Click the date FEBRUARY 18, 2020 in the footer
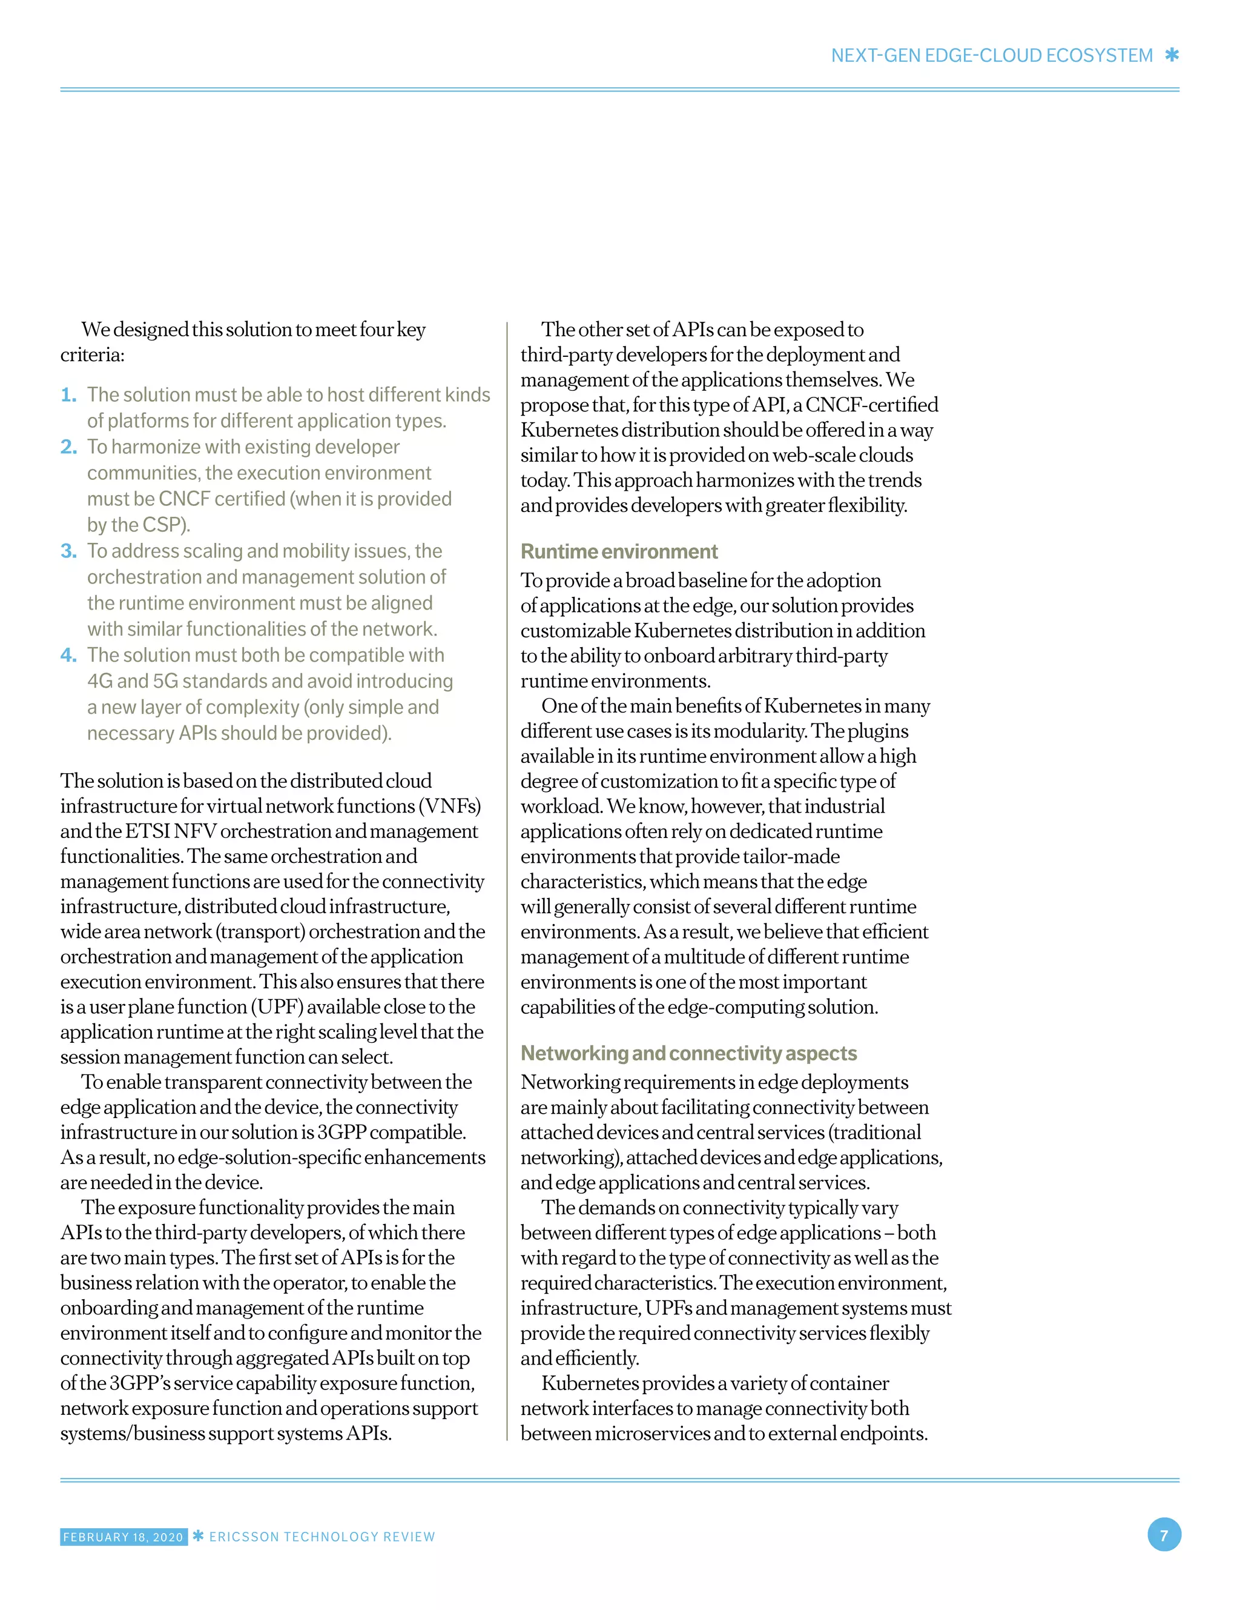pyautogui.click(x=123, y=1537)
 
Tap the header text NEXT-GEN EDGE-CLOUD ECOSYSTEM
pyautogui.click(x=991, y=56)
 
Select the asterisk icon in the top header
pyautogui.click(x=1172, y=55)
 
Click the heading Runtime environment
pyautogui.click(x=619, y=551)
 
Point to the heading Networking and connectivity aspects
pyautogui.click(x=688, y=1053)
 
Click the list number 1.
pyautogui.click(x=68, y=395)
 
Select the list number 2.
pyautogui.click(x=68, y=447)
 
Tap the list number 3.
pyautogui.click(x=68, y=551)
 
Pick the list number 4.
pyautogui.click(x=68, y=656)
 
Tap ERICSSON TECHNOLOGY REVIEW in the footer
pyautogui.click(x=322, y=1537)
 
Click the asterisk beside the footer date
pyautogui.click(x=197, y=1536)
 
